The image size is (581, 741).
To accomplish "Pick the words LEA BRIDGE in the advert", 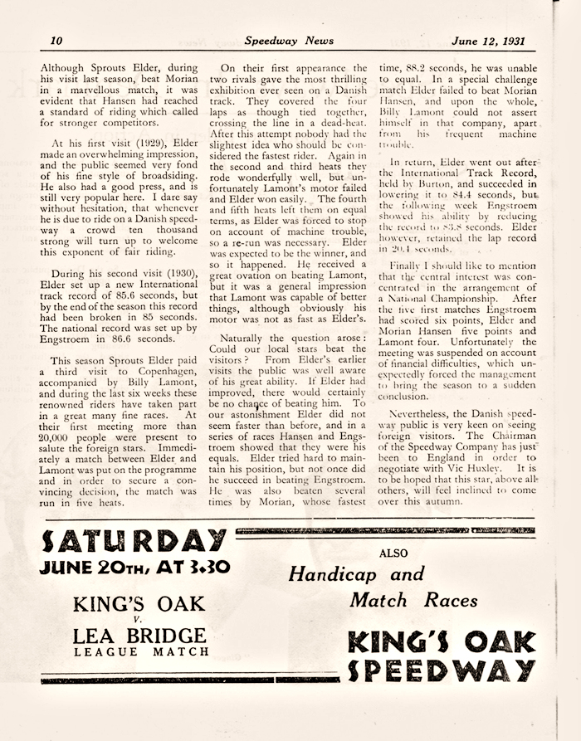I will pyautogui.click(x=139, y=636).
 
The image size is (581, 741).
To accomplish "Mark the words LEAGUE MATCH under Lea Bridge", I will pyautogui.click(x=139, y=652).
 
